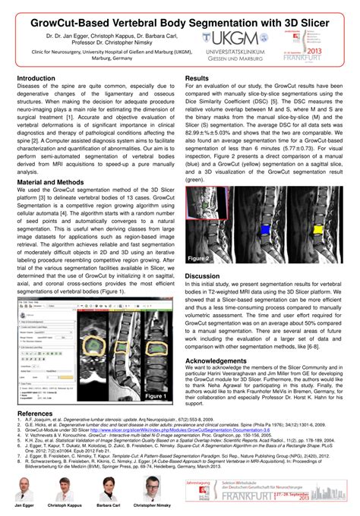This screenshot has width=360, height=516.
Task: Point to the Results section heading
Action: pos(197,78)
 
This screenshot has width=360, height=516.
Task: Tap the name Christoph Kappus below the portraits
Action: pos(68,505)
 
